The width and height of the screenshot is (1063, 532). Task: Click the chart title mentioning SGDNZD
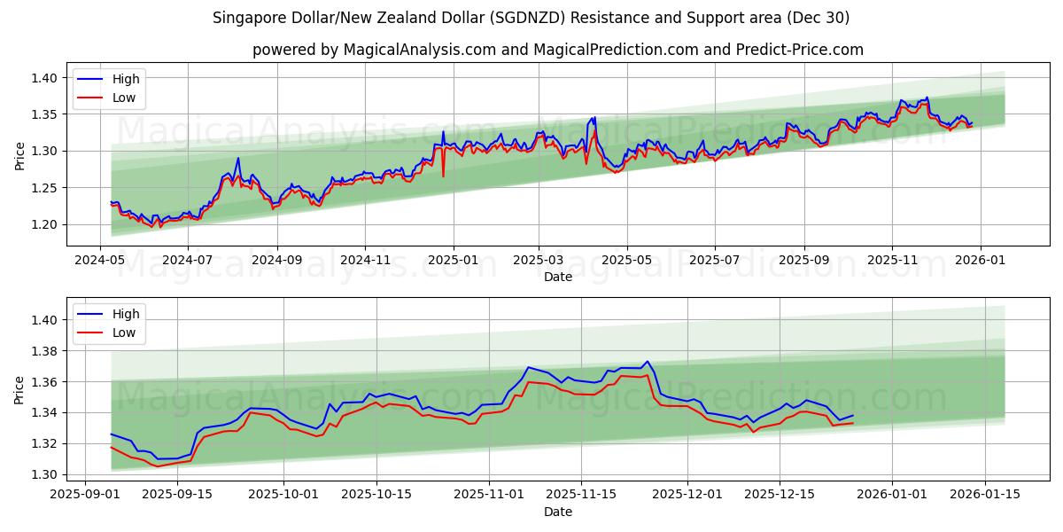(531, 18)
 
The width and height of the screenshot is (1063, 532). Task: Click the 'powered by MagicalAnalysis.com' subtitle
(558, 50)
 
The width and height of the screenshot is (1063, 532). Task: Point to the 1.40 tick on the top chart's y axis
(43, 78)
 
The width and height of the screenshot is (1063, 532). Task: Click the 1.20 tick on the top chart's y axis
(43, 224)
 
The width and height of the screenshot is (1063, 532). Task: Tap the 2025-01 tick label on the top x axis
(453, 261)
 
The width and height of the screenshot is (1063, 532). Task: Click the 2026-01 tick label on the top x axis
(980, 261)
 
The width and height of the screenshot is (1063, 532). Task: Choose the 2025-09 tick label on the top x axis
(804, 261)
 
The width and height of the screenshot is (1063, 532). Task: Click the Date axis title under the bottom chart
(558, 512)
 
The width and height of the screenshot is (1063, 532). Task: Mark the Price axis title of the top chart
(19, 155)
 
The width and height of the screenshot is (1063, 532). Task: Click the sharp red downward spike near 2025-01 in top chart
(443, 176)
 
